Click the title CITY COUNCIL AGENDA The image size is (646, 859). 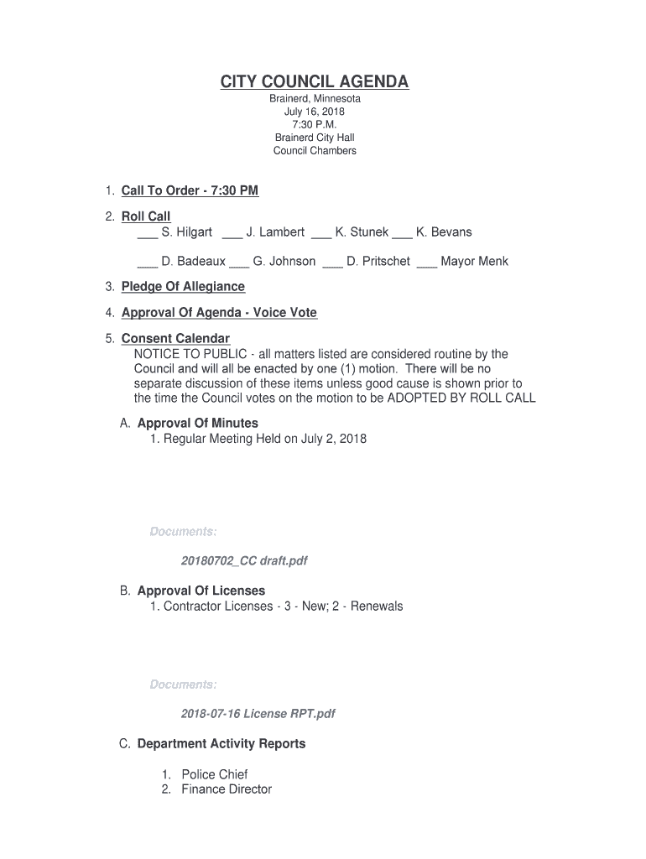coord(315,81)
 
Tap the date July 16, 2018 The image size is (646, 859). coord(315,112)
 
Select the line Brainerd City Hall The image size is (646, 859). coord(315,138)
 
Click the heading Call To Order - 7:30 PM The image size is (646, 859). coord(190,190)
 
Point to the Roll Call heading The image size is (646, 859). coord(146,216)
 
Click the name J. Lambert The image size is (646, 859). coord(275,232)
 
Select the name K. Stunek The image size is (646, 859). coord(362,232)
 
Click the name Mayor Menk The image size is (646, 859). coord(474,262)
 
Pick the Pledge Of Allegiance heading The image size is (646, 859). coord(183,287)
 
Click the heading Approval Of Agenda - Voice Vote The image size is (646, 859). coord(219,313)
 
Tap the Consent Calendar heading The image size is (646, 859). coord(175,339)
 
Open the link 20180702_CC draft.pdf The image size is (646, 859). coord(243,560)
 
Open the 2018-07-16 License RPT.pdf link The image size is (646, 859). coord(258,714)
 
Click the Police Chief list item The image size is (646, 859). coord(215,774)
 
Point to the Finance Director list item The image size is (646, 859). coord(227,789)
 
